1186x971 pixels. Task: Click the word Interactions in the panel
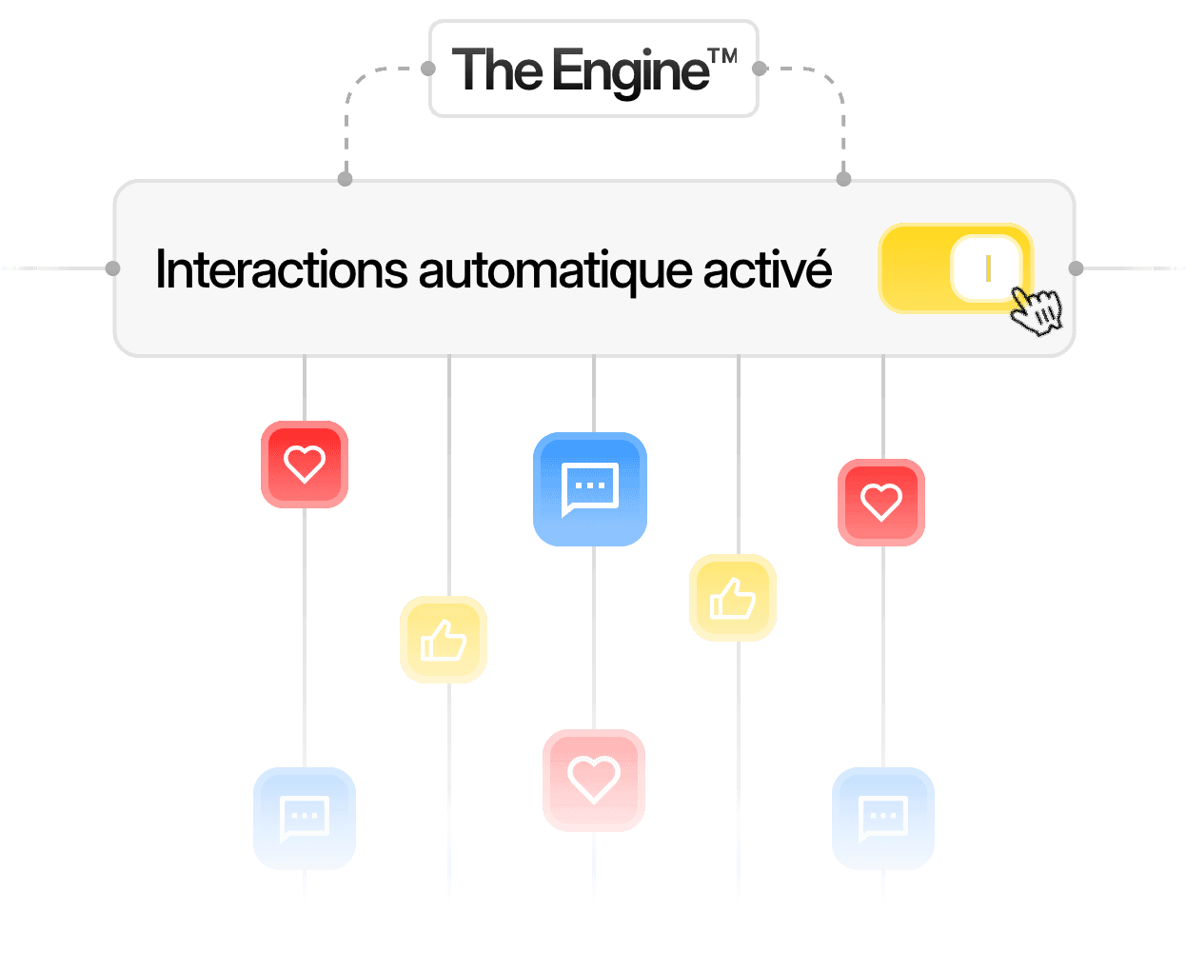tap(282, 270)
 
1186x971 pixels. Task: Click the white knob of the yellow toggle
tap(987, 268)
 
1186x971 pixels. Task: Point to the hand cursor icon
tap(1036, 310)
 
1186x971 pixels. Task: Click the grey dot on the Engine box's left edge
tap(428, 69)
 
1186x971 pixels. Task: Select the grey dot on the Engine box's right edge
tap(759, 69)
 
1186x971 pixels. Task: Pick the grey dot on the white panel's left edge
tap(112, 268)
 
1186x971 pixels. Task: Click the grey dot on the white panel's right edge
tap(1076, 268)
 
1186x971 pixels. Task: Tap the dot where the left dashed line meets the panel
tap(346, 179)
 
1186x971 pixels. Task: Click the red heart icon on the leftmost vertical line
tap(305, 465)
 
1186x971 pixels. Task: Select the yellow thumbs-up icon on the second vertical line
tap(444, 640)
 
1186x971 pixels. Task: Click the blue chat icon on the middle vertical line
tap(590, 489)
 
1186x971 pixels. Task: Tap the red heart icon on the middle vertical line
tap(594, 781)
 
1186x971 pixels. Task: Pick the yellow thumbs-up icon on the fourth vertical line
tap(733, 598)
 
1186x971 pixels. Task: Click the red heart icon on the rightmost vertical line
tap(881, 503)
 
